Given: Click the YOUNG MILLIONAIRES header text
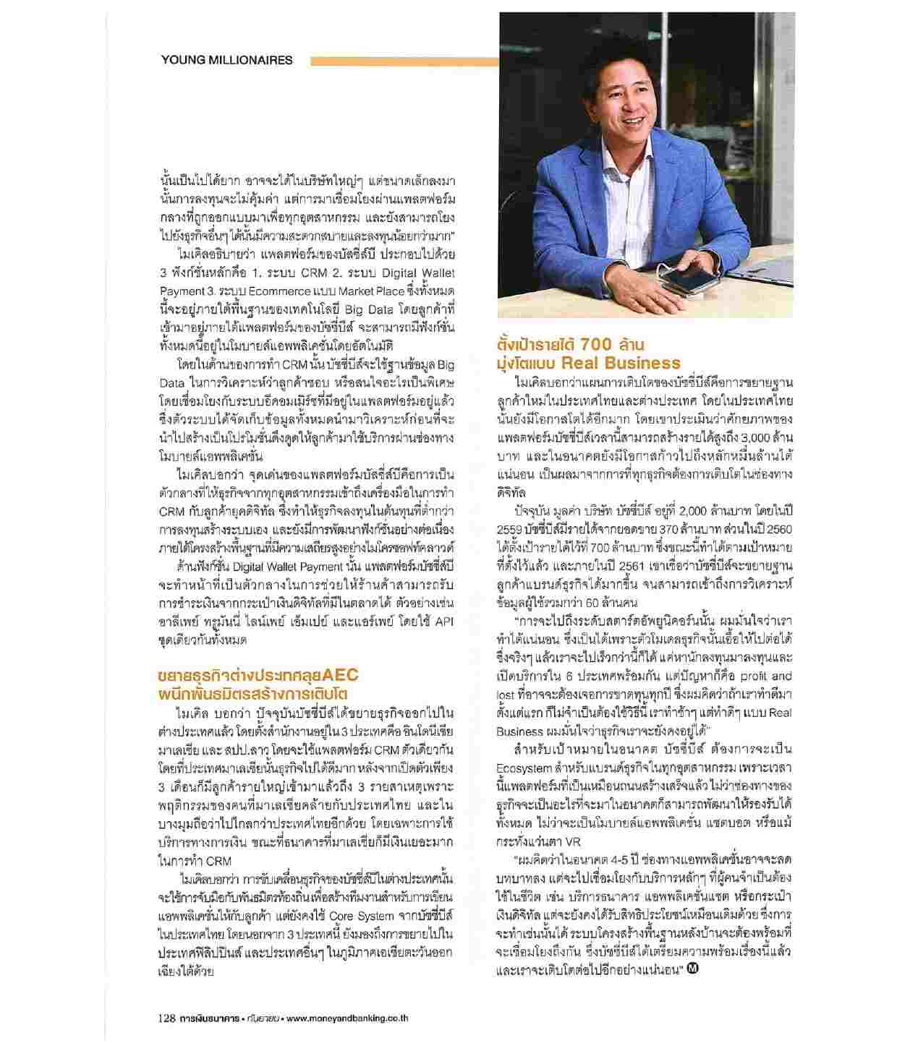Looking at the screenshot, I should tap(227, 60).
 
